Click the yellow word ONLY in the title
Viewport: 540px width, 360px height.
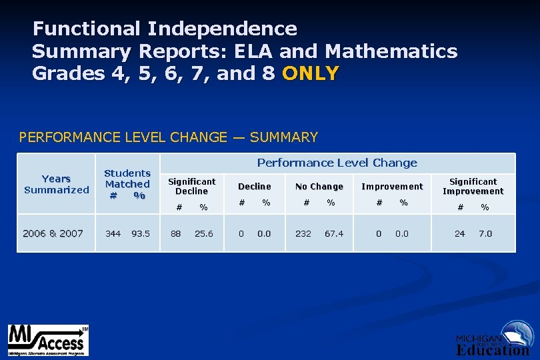point(311,73)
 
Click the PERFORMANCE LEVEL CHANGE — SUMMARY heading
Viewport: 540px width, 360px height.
point(169,137)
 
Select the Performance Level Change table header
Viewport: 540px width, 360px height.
point(337,163)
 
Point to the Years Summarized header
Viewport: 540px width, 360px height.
point(56,184)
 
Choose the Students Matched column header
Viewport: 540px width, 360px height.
point(127,184)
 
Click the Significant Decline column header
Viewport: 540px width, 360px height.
point(191,186)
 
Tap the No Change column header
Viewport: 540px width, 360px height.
point(319,187)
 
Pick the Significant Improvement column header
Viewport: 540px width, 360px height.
point(473,186)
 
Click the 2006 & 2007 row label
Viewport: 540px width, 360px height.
point(53,233)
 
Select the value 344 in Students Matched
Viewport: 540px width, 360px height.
point(113,233)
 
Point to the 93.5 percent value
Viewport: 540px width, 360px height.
point(141,233)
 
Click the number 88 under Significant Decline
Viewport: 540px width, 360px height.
point(177,233)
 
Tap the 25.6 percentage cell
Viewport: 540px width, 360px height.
point(203,233)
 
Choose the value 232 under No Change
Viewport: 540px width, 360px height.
point(303,233)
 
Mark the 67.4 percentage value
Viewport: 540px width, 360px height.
point(334,233)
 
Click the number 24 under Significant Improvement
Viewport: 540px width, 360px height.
point(459,233)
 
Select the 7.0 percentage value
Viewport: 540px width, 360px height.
point(486,233)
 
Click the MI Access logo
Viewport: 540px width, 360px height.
point(48,340)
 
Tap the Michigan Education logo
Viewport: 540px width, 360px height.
point(494,339)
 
